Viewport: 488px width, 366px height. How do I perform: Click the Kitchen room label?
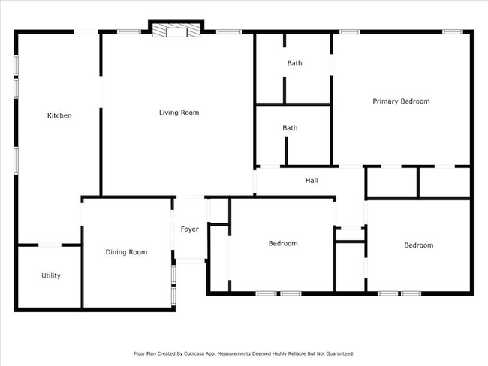[x=59, y=115]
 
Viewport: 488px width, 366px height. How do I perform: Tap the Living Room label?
[x=179, y=112]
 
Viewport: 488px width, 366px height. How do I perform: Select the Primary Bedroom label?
[x=401, y=101]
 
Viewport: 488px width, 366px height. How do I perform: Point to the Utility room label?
[x=51, y=275]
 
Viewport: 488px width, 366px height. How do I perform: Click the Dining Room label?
[x=126, y=252]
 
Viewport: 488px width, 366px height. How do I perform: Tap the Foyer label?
[x=189, y=229]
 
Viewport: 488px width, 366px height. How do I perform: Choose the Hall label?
[x=312, y=180]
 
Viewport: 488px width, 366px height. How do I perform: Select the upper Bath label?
[x=294, y=63]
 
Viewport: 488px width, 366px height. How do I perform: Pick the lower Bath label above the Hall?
[x=290, y=128]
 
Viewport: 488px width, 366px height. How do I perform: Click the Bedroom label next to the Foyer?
[x=283, y=243]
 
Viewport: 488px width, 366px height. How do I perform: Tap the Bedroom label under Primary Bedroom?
[x=419, y=245]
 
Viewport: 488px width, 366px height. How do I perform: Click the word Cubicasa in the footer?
[x=193, y=353]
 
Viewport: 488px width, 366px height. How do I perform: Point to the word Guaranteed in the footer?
[x=340, y=353]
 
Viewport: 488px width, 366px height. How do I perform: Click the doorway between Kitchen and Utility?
[x=50, y=245]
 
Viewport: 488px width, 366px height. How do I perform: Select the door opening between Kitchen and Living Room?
[x=101, y=91]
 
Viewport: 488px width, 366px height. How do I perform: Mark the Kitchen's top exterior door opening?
[x=86, y=31]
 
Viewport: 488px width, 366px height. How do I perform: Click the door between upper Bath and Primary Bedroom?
[x=331, y=64]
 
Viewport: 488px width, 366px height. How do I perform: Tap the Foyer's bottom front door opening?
[x=191, y=260]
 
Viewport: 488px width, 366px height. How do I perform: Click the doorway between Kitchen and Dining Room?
[x=82, y=214]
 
